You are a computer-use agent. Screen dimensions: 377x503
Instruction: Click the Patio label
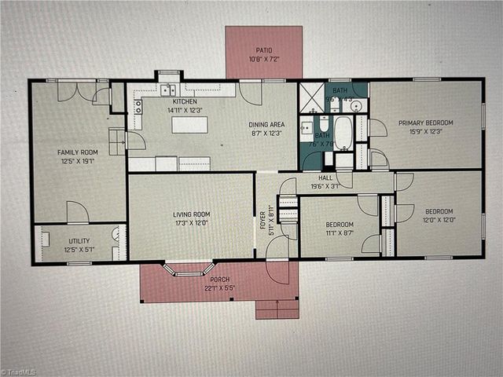pos(263,50)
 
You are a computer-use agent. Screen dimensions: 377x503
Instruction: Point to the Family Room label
pos(77,152)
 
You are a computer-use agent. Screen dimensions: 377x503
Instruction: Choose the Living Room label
pos(192,214)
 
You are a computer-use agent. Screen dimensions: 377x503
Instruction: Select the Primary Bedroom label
pos(425,123)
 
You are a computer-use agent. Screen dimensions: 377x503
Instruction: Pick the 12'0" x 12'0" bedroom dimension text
pos(439,219)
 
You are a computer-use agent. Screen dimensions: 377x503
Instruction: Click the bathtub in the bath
pos(344,133)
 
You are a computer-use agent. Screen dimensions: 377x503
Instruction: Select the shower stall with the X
pos(312,97)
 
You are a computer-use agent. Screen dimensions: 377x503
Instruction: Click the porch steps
pos(277,309)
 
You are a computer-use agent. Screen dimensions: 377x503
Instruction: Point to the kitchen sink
pos(168,90)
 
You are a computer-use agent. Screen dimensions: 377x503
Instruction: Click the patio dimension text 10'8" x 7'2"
pos(263,59)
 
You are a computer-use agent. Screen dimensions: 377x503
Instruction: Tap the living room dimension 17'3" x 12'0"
pos(192,222)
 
